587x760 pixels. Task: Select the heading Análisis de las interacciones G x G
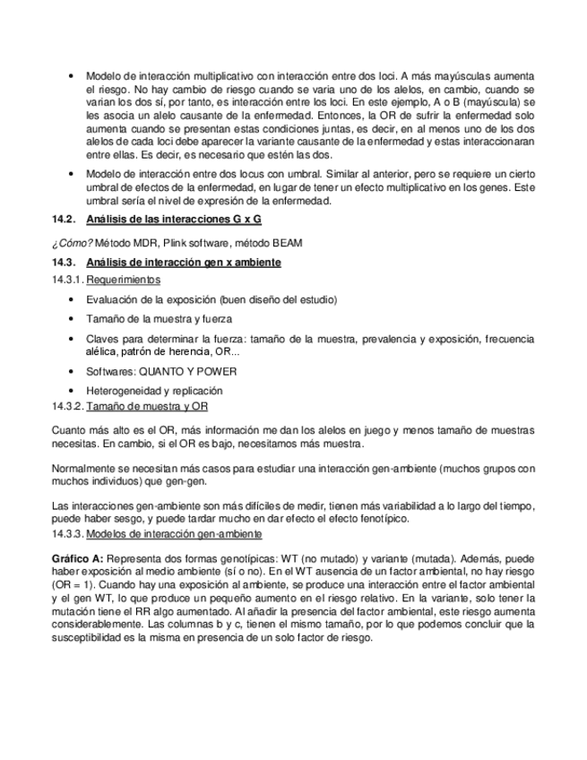(174, 220)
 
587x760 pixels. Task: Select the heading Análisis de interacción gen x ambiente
(184, 262)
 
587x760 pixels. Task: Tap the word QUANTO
(162, 371)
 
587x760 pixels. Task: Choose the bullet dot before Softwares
(70, 371)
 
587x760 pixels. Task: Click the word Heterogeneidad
(124, 391)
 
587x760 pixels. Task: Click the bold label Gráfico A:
(78, 557)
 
